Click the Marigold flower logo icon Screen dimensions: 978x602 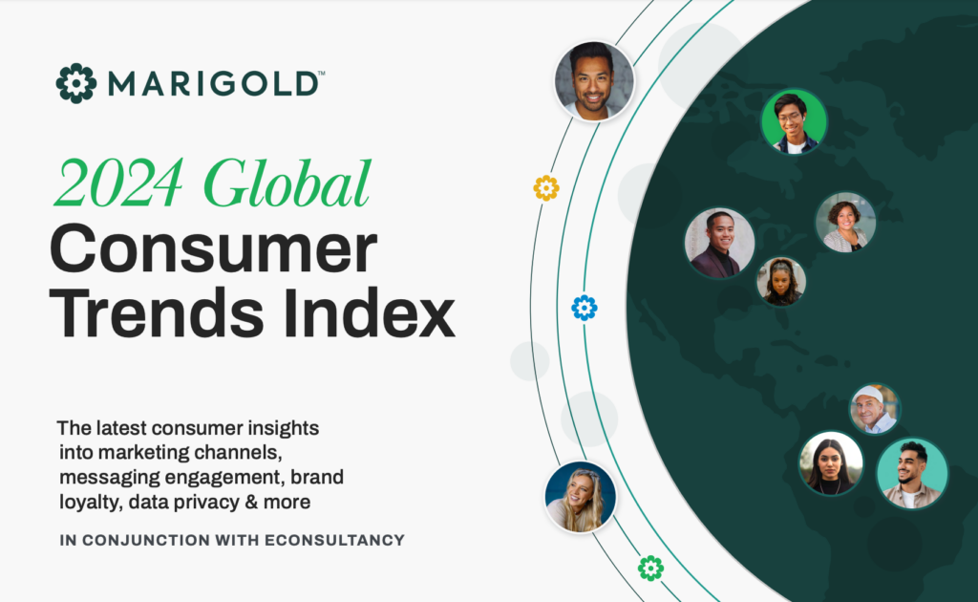(x=76, y=83)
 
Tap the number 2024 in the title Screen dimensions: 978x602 (x=119, y=183)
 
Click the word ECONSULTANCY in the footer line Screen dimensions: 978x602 (x=335, y=540)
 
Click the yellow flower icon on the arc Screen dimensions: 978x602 (x=545, y=188)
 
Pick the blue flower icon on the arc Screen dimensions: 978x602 (x=585, y=308)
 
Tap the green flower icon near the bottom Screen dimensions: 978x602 (x=650, y=569)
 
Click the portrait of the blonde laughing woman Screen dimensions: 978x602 (x=581, y=497)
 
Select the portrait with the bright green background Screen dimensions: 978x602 (x=794, y=121)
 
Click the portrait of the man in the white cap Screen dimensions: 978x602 (x=875, y=409)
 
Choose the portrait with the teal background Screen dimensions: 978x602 (x=912, y=473)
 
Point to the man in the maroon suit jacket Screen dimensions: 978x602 (x=720, y=243)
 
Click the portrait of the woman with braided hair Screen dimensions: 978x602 (x=781, y=281)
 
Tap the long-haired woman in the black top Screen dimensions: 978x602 (x=831, y=463)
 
